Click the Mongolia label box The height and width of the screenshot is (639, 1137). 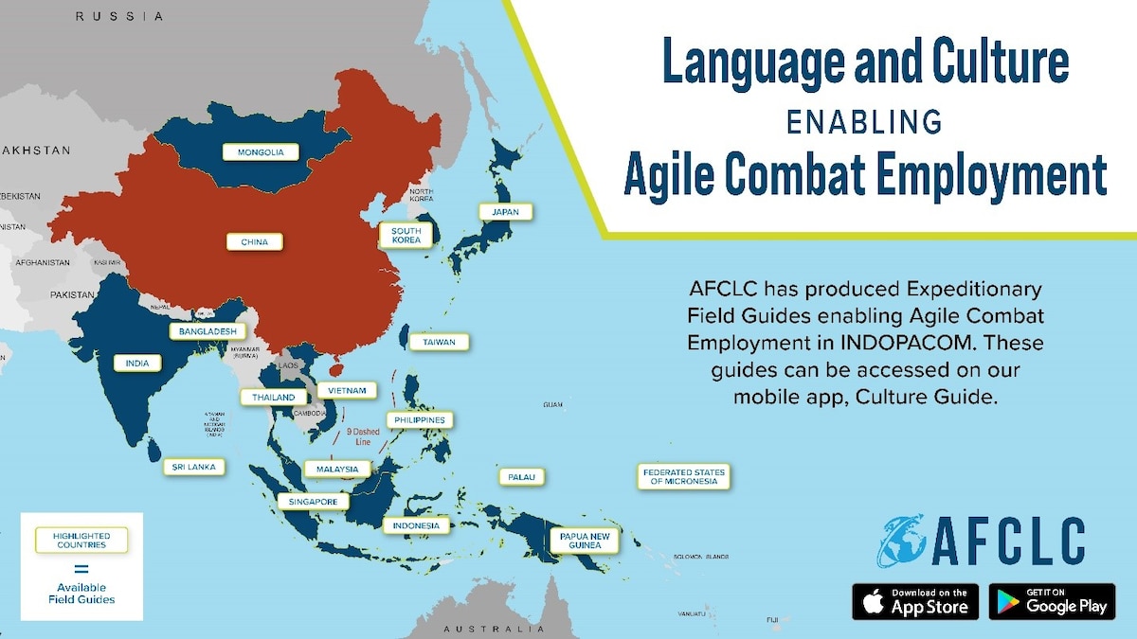261,151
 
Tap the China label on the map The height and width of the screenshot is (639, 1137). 255,241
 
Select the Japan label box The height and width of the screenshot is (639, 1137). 505,212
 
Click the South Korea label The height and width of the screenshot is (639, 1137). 406,235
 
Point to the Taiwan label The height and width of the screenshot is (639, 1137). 439,342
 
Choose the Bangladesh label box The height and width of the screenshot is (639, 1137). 208,331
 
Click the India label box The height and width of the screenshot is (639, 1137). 137,363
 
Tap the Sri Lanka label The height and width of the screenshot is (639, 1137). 193,467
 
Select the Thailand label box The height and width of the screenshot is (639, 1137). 274,398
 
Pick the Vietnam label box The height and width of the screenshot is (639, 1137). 347,390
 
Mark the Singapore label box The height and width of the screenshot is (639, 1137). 314,501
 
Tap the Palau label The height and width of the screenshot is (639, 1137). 522,477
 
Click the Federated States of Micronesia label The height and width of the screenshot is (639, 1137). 683,476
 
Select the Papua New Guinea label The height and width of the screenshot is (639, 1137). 585,540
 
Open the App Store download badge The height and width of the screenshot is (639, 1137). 915,601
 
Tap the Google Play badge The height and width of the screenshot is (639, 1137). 1052,601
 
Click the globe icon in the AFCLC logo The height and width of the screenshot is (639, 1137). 900,541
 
